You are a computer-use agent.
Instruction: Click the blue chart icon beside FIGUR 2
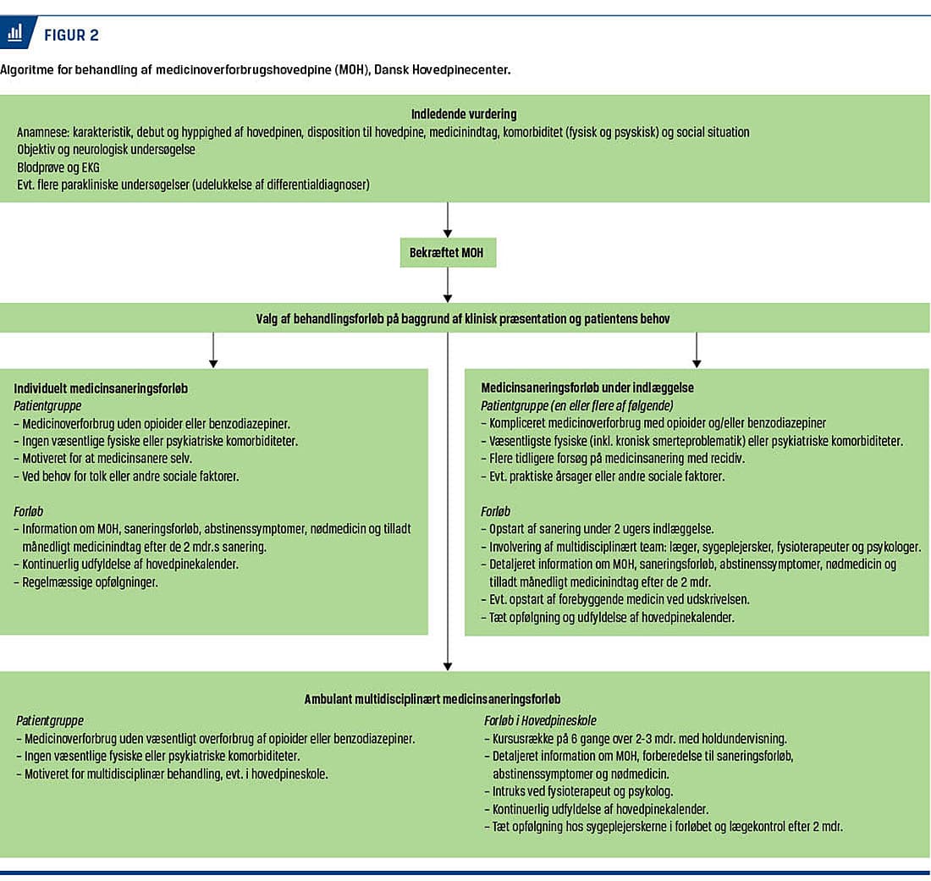[x=16, y=33]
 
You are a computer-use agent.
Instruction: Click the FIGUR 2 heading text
[x=71, y=36]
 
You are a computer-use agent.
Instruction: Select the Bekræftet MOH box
[x=448, y=253]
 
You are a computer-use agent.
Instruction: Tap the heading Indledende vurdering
[x=464, y=114]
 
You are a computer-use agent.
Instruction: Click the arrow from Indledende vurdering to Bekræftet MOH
[x=448, y=220]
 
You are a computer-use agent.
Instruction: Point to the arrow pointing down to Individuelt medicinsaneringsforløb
[x=213, y=350]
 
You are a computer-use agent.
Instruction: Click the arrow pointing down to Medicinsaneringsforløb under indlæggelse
[x=697, y=350]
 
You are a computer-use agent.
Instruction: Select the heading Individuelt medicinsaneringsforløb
[x=101, y=388]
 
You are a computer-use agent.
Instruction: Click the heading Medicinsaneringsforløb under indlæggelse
[x=587, y=388]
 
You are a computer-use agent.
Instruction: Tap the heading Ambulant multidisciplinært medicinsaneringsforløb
[x=432, y=699]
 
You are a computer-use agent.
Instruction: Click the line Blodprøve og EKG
[x=58, y=168]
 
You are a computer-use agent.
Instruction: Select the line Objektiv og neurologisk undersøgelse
[x=106, y=150]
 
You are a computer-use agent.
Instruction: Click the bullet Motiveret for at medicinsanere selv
[x=102, y=459]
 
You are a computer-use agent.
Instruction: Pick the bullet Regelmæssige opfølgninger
[x=85, y=582]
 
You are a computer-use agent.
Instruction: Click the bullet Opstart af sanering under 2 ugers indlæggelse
[x=598, y=529]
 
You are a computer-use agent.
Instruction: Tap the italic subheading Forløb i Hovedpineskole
[x=540, y=721]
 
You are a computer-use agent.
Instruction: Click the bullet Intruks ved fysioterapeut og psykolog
[x=579, y=791]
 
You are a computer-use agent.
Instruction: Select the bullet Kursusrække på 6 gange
[x=636, y=739]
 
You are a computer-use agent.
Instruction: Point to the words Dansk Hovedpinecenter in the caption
[x=442, y=69]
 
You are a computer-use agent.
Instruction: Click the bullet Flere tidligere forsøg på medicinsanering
[x=613, y=459]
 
